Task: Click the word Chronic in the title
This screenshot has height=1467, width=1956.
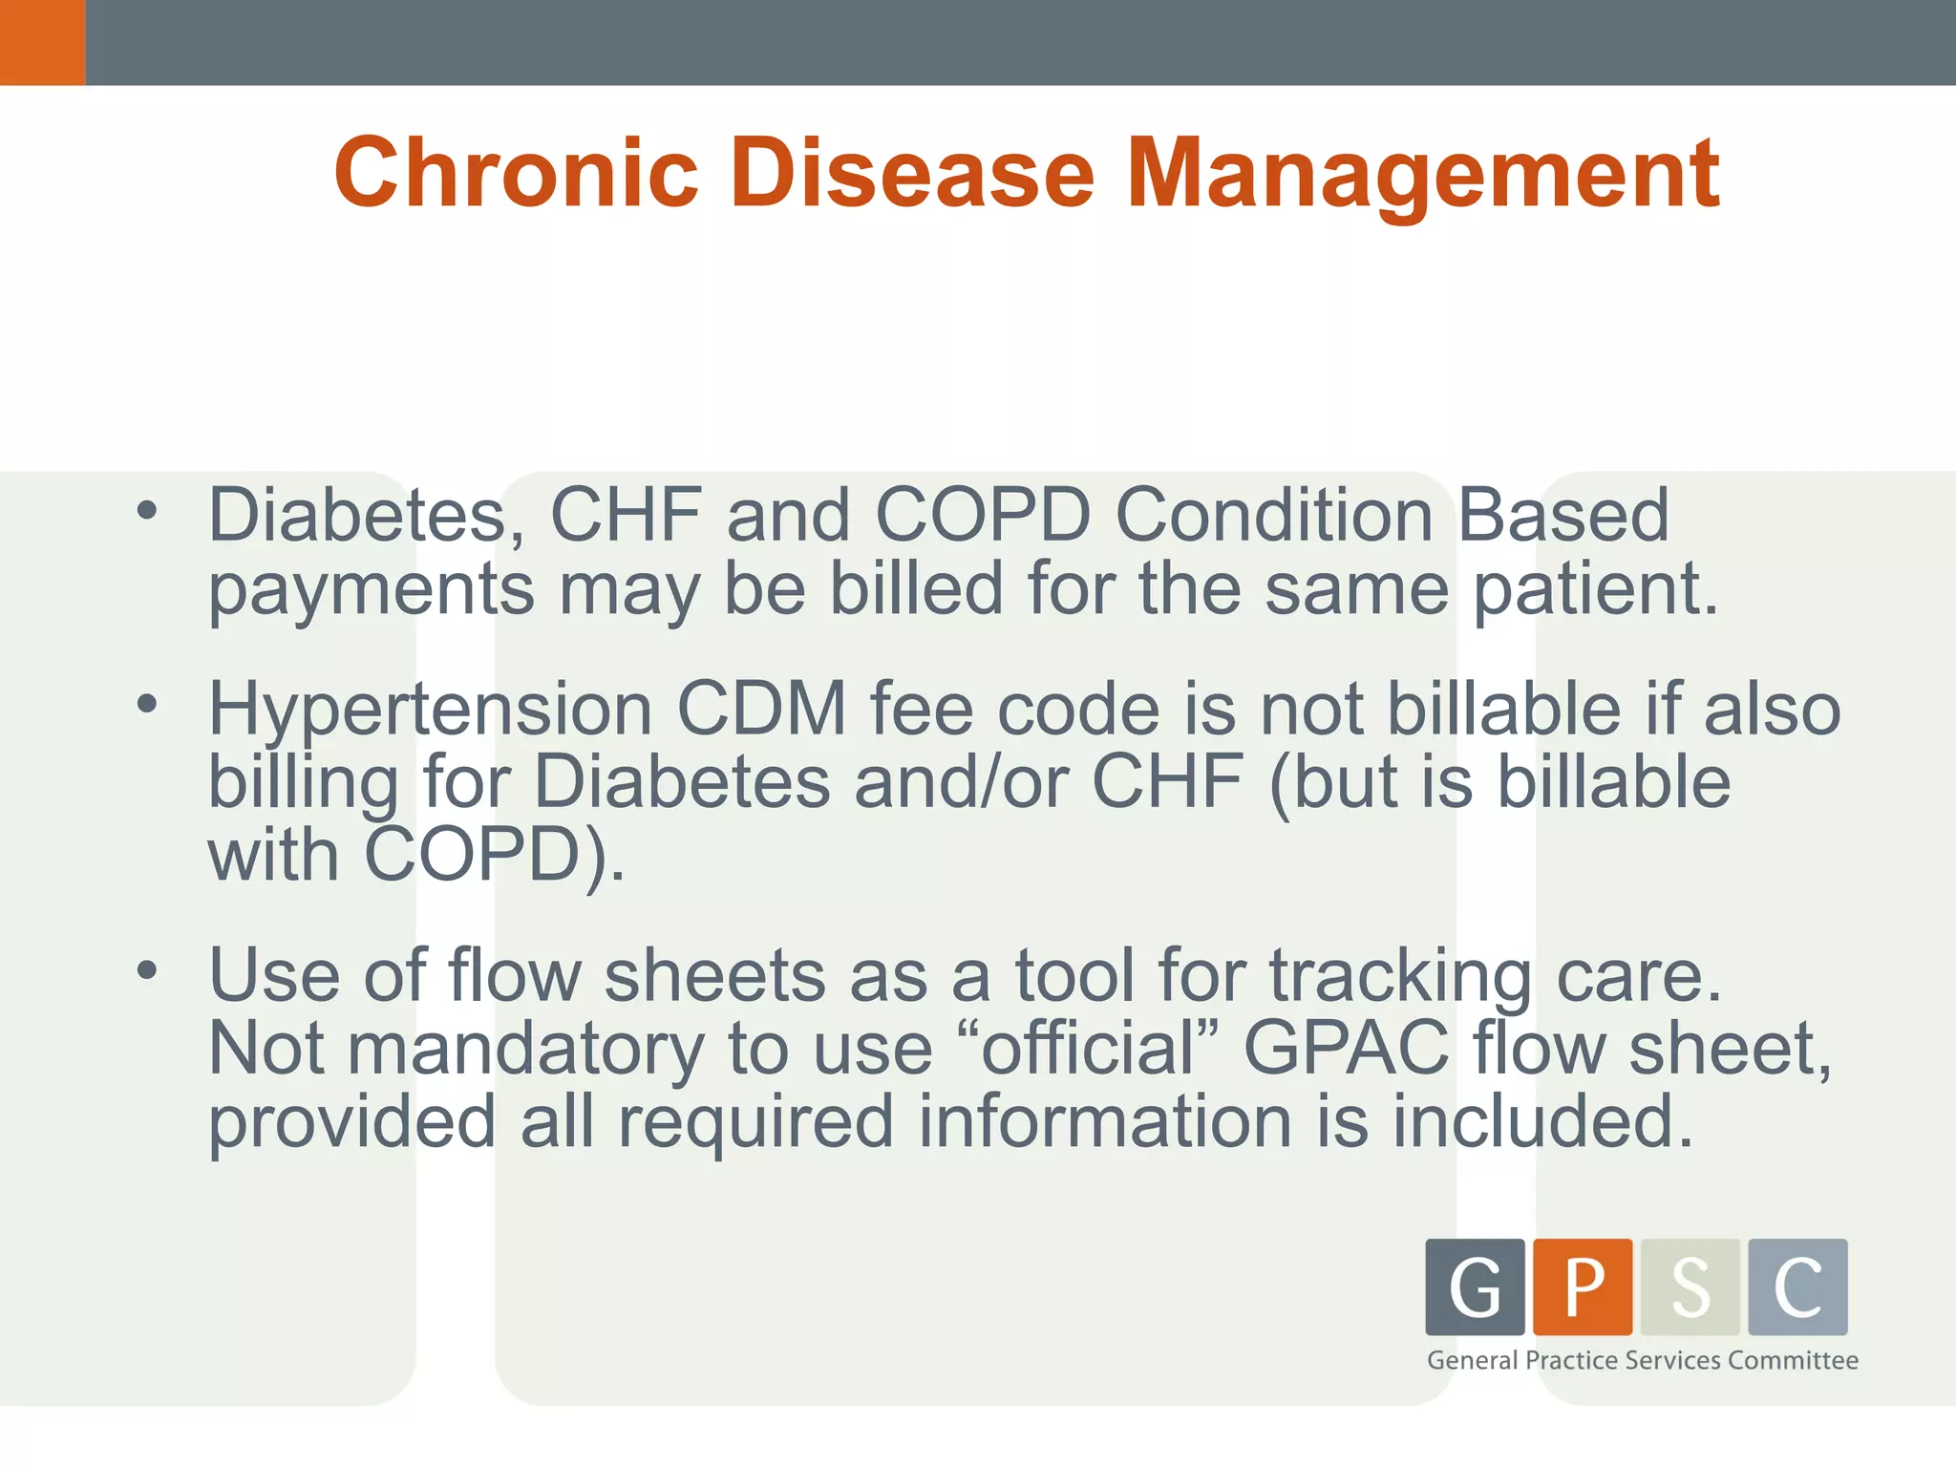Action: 517,174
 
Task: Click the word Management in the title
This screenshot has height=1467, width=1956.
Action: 1423,174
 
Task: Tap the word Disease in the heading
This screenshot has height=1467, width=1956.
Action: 911,174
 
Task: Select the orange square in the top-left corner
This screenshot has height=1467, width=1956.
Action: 42,42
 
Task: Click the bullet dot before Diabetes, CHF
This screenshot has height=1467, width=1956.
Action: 146,510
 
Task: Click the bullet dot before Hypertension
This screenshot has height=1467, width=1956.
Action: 146,705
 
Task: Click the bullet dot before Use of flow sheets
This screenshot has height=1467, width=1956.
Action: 146,970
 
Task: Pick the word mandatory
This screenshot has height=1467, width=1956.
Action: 524,1049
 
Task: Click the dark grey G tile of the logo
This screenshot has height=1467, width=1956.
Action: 1475,1286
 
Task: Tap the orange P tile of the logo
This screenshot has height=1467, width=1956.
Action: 1583,1286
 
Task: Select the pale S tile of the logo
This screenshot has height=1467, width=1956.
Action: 1690,1286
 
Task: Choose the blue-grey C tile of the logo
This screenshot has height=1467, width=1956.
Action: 1797,1286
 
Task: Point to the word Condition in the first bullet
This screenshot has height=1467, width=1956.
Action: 1273,516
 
